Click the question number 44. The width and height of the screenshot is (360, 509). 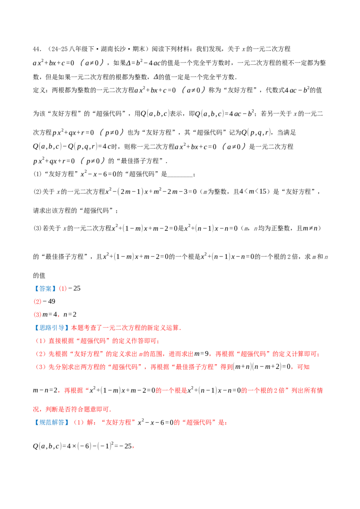(37, 49)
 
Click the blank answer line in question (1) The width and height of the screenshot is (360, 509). (180, 174)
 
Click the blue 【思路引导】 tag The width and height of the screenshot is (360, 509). (51, 328)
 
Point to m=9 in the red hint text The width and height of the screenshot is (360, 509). (202, 354)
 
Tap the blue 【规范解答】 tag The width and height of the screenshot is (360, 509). (51, 422)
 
